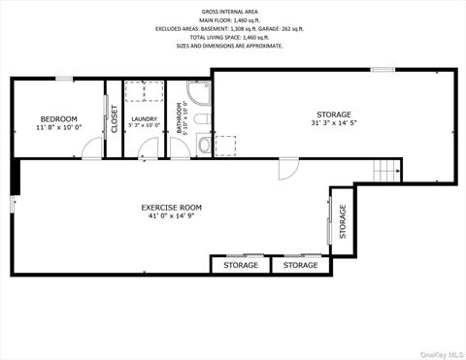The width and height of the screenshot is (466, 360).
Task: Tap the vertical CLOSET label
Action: (114, 118)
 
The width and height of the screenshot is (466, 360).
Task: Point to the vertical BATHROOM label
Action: (180, 118)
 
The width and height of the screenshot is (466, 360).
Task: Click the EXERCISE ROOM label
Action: (171, 207)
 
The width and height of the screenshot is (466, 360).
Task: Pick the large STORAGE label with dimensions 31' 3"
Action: (333, 115)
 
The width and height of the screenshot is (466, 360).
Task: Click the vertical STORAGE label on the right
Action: (342, 222)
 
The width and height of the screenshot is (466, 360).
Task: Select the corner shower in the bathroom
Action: (198, 93)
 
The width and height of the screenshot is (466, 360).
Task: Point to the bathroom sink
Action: (203, 146)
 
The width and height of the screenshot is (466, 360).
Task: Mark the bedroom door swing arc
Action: (91, 148)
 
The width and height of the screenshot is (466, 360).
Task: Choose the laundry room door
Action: (148, 148)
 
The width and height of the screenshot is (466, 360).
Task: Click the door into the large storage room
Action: (287, 169)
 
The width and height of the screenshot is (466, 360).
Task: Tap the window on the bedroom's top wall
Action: (64, 79)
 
